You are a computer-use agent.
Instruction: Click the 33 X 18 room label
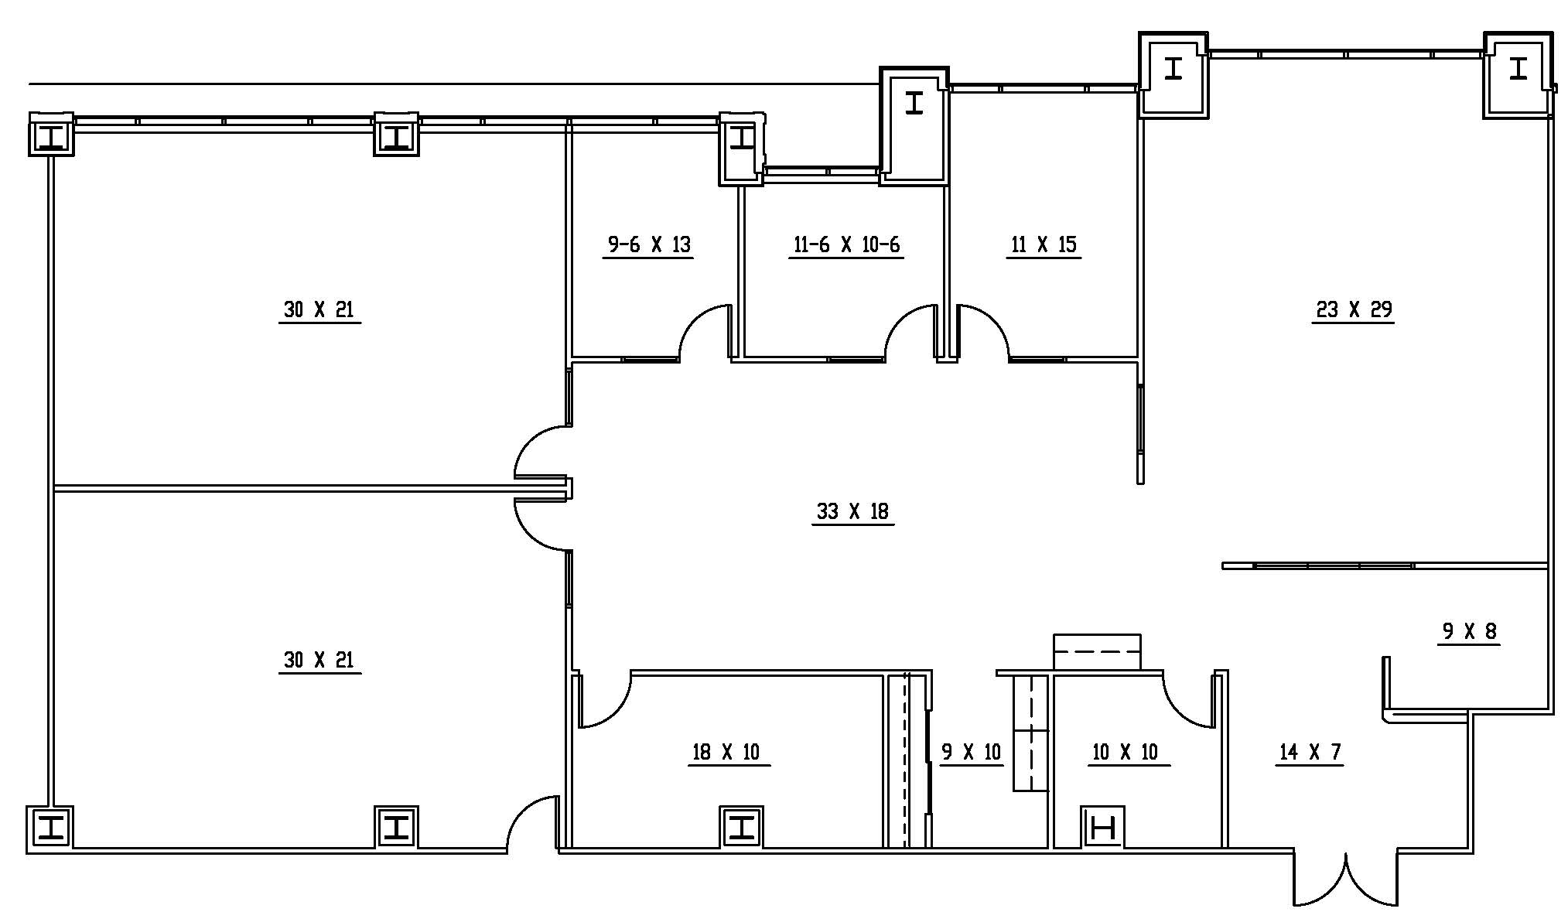click(x=852, y=511)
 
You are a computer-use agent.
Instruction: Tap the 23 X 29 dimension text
click(x=1354, y=309)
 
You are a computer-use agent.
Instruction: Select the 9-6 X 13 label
click(x=648, y=244)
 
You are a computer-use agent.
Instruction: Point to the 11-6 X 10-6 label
click(x=846, y=244)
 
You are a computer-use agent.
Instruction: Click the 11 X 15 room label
click(x=1044, y=244)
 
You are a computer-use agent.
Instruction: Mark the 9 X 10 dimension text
click(x=971, y=752)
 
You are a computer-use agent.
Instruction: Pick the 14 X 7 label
click(x=1310, y=752)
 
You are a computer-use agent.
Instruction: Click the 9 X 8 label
click(x=1470, y=631)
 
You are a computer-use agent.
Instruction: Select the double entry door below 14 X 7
click(x=1346, y=878)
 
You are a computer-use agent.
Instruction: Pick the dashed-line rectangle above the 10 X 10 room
click(x=1097, y=652)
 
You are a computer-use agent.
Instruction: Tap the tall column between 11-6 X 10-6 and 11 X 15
click(x=914, y=126)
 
